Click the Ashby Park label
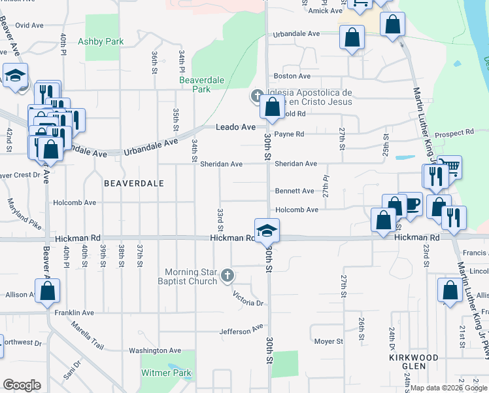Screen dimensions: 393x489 (x=101, y=41)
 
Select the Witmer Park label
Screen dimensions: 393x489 (x=167, y=373)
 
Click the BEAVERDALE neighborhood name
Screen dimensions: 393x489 (x=133, y=184)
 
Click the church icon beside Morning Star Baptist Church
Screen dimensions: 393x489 (x=227, y=275)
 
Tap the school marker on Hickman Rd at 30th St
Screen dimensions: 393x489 (x=267, y=231)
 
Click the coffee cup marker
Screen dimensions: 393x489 (x=411, y=203)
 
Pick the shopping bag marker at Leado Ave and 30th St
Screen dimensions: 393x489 (x=273, y=108)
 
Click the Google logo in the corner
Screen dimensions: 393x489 (x=22, y=385)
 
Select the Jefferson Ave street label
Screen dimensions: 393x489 (x=241, y=331)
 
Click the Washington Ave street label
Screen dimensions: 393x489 (x=154, y=351)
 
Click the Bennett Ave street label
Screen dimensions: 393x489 (x=294, y=191)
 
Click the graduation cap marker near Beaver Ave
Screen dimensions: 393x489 (x=15, y=75)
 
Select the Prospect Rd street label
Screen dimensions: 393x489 (x=453, y=133)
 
